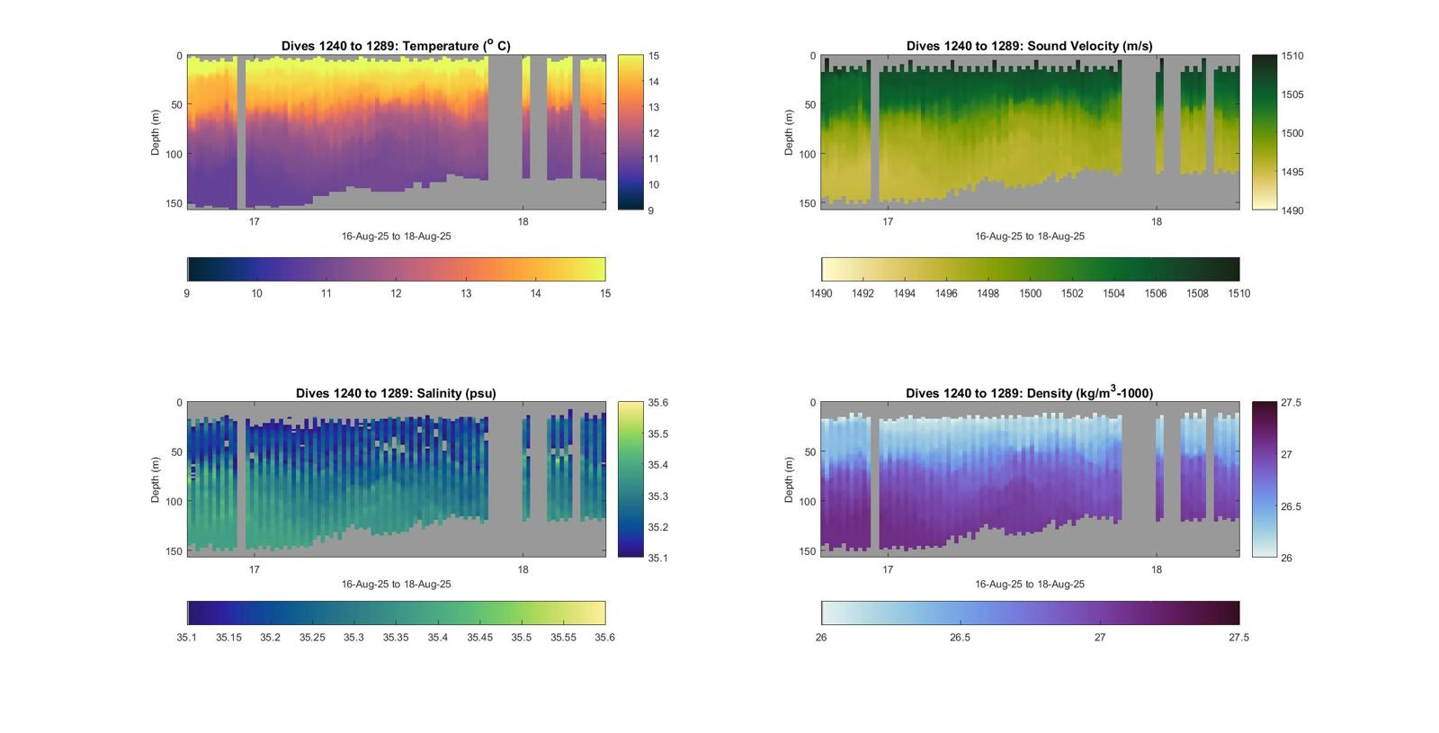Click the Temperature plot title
click(396, 46)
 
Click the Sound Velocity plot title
click(1029, 46)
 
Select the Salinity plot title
click(396, 393)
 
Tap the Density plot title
click(1029, 393)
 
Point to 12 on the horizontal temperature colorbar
click(396, 293)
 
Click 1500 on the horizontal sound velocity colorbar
click(1030, 293)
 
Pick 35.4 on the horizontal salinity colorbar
click(437, 638)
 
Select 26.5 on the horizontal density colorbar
click(960, 638)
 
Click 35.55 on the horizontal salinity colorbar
click(563, 638)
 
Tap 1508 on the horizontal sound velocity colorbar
click(1197, 293)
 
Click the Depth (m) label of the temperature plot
click(156, 132)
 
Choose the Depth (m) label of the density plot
click(789, 479)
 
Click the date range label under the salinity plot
click(396, 585)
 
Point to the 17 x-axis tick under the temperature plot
click(255, 222)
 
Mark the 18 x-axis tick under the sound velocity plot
click(1157, 222)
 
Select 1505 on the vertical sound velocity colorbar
click(1292, 94)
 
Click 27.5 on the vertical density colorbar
click(1291, 403)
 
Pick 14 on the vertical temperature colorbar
click(654, 82)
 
